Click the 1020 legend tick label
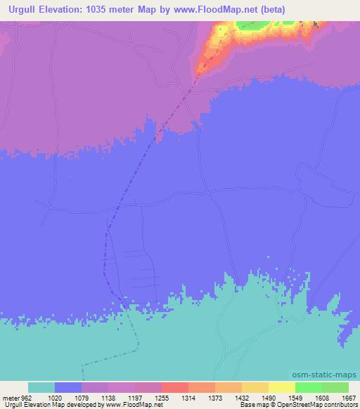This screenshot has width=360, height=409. click(55, 398)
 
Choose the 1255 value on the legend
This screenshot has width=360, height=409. click(162, 398)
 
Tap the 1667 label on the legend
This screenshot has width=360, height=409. click(348, 398)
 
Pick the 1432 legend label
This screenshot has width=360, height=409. click(242, 398)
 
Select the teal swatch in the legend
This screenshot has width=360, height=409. click(41, 387)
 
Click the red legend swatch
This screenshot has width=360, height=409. click(175, 387)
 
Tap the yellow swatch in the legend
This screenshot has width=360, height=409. click(282, 387)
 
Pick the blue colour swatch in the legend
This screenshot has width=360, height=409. click(68, 387)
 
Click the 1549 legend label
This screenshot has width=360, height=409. click(295, 398)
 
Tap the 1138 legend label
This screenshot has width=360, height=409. click(108, 398)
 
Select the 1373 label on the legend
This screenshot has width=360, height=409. click(215, 398)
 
